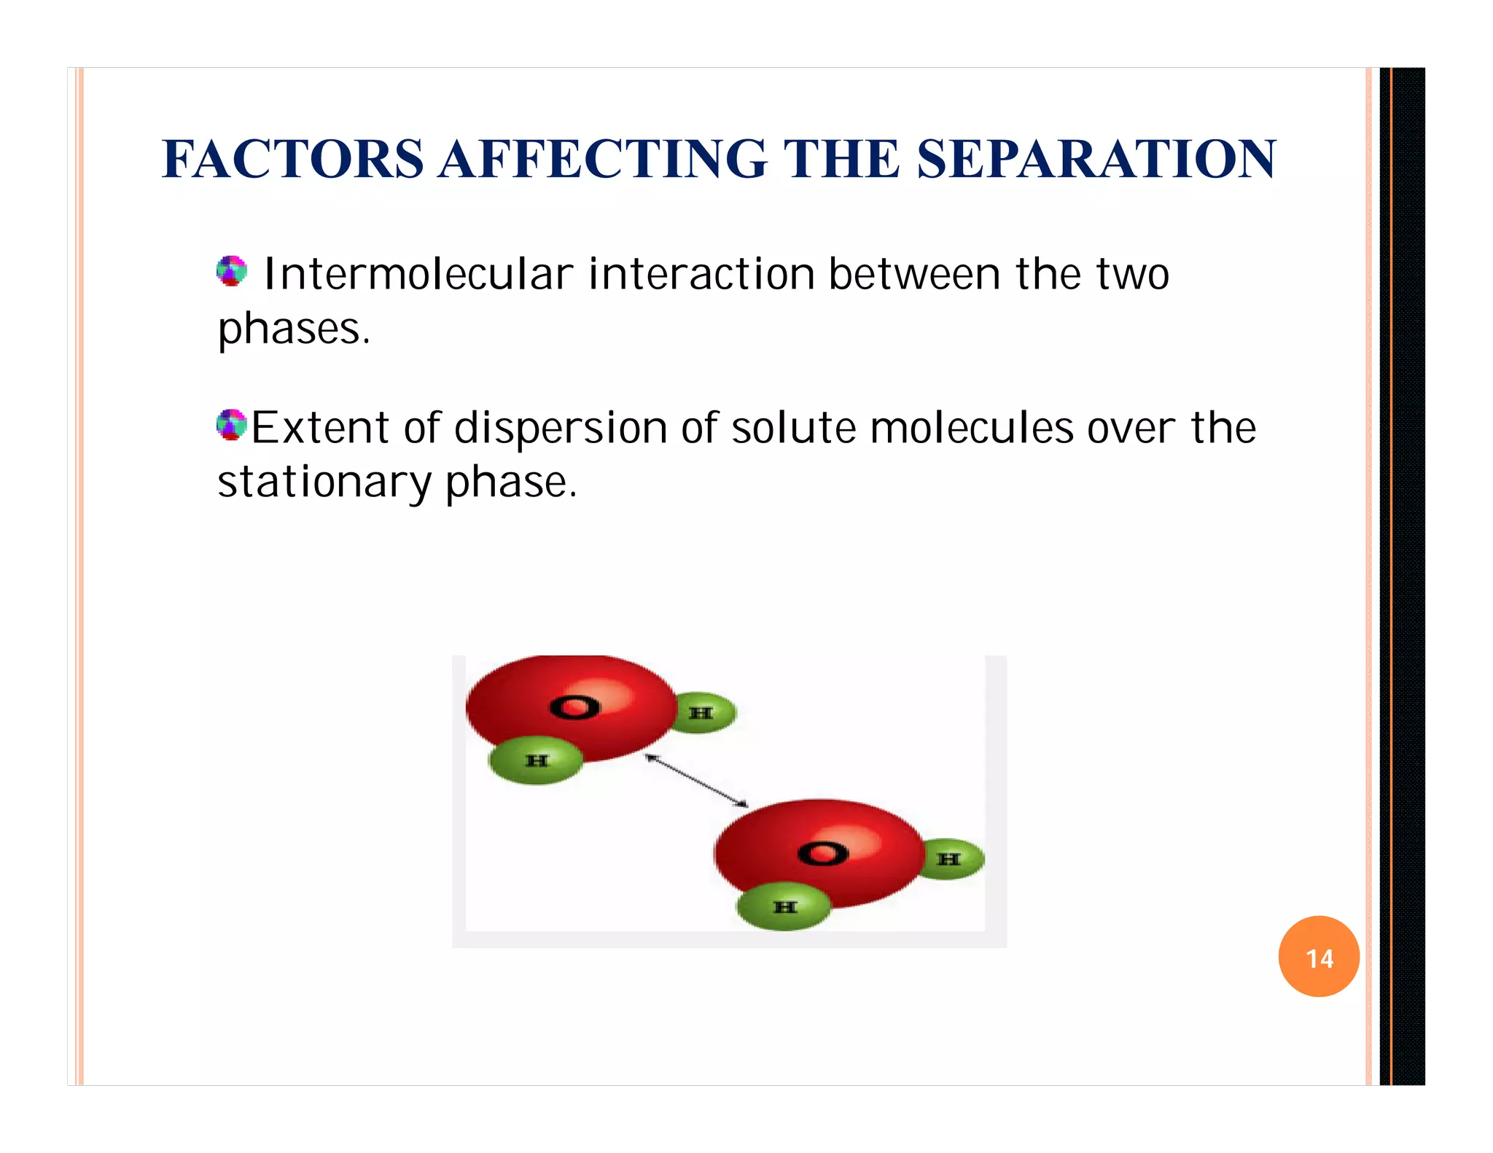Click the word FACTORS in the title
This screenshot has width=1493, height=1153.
pos(292,159)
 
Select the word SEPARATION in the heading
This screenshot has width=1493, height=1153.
pos(1096,159)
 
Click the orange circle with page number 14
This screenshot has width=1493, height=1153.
pos(1319,957)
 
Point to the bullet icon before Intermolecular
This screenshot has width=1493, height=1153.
pos(232,271)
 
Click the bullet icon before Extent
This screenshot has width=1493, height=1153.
pos(232,425)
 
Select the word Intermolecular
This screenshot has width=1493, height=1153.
pos(418,275)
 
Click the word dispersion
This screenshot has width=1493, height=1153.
pos(561,428)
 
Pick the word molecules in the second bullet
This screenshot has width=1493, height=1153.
pos(972,428)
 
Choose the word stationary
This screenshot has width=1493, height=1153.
pos(324,482)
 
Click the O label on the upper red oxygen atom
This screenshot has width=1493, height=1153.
pos(574,707)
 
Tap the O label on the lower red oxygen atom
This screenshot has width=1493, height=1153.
pos(822,853)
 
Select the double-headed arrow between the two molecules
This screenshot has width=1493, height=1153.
pos(696,781)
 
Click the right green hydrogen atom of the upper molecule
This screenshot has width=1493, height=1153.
pos(702,713)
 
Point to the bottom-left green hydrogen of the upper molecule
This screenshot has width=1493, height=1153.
pos(537,761)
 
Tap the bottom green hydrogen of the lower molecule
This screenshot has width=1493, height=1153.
pos(784,907)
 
